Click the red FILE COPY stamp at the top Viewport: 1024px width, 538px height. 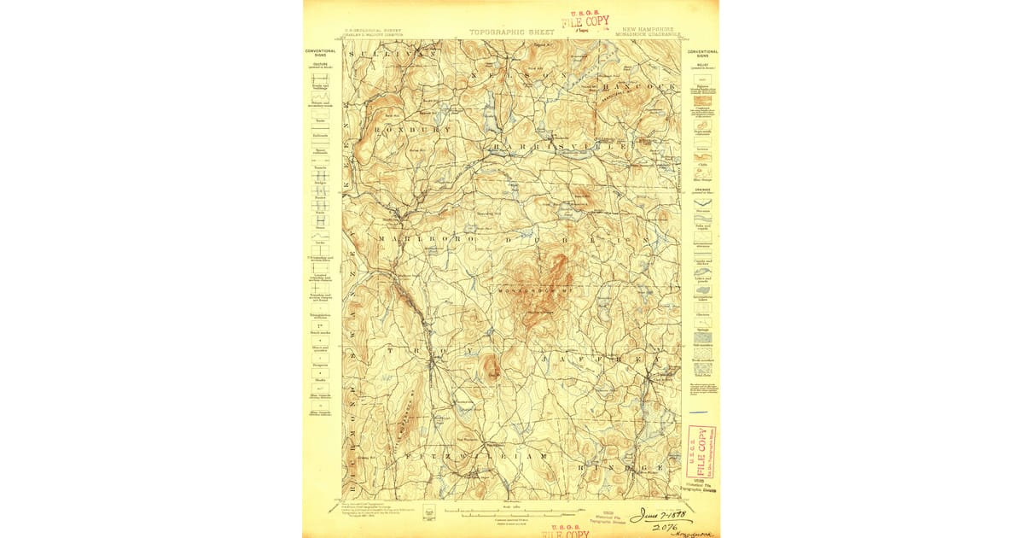(x=591, y=22)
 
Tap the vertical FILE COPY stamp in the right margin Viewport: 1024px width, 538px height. (x=701, y=452)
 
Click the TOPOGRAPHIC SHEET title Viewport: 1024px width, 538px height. (x=511, y=32)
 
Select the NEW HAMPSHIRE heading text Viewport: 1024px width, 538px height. (x=653, y=29)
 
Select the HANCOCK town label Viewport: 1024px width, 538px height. (x=638, y=87)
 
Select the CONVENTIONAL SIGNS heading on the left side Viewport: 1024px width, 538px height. (x=320, y=52)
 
